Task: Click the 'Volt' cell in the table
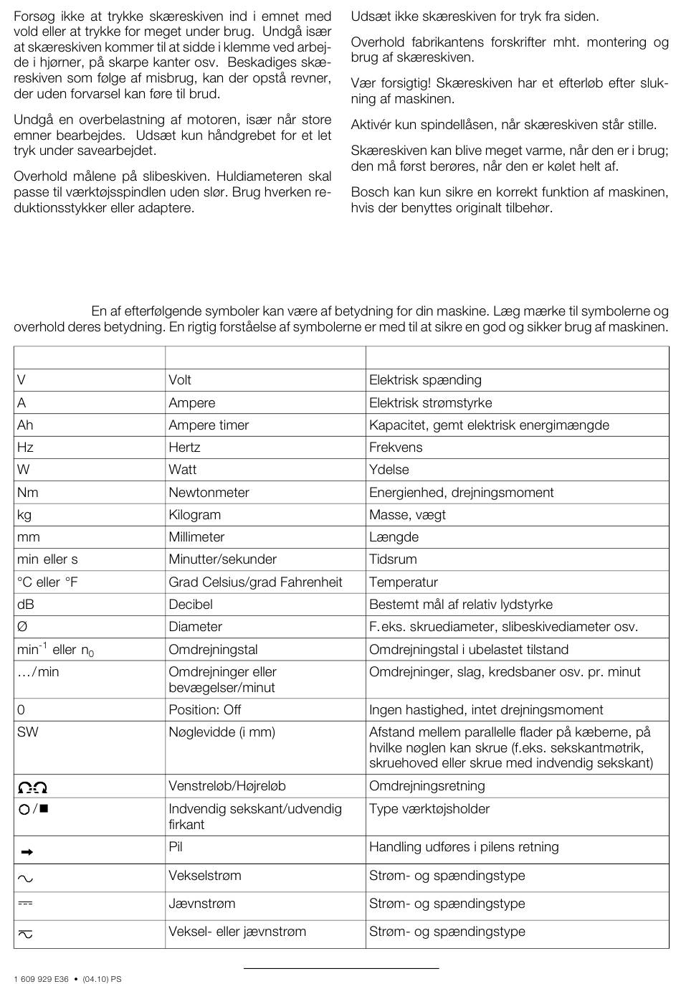[180, 380]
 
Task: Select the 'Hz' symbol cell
[25, 448]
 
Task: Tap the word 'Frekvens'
[396, 448]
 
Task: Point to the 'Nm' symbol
[28, 493]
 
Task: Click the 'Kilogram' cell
[194, 515]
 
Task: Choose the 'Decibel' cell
[191, 605]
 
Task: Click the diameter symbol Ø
[22, 627]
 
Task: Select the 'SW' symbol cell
[27, 732]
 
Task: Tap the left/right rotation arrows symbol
[32, 787]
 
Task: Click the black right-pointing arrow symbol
[27, 852]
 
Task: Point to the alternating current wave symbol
[25, 878]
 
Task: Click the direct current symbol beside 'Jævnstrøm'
[25, 904]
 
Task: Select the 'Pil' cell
[176, 847]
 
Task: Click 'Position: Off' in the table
[204, 710]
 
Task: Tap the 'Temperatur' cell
[403, 582]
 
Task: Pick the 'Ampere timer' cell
[209, 425]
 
